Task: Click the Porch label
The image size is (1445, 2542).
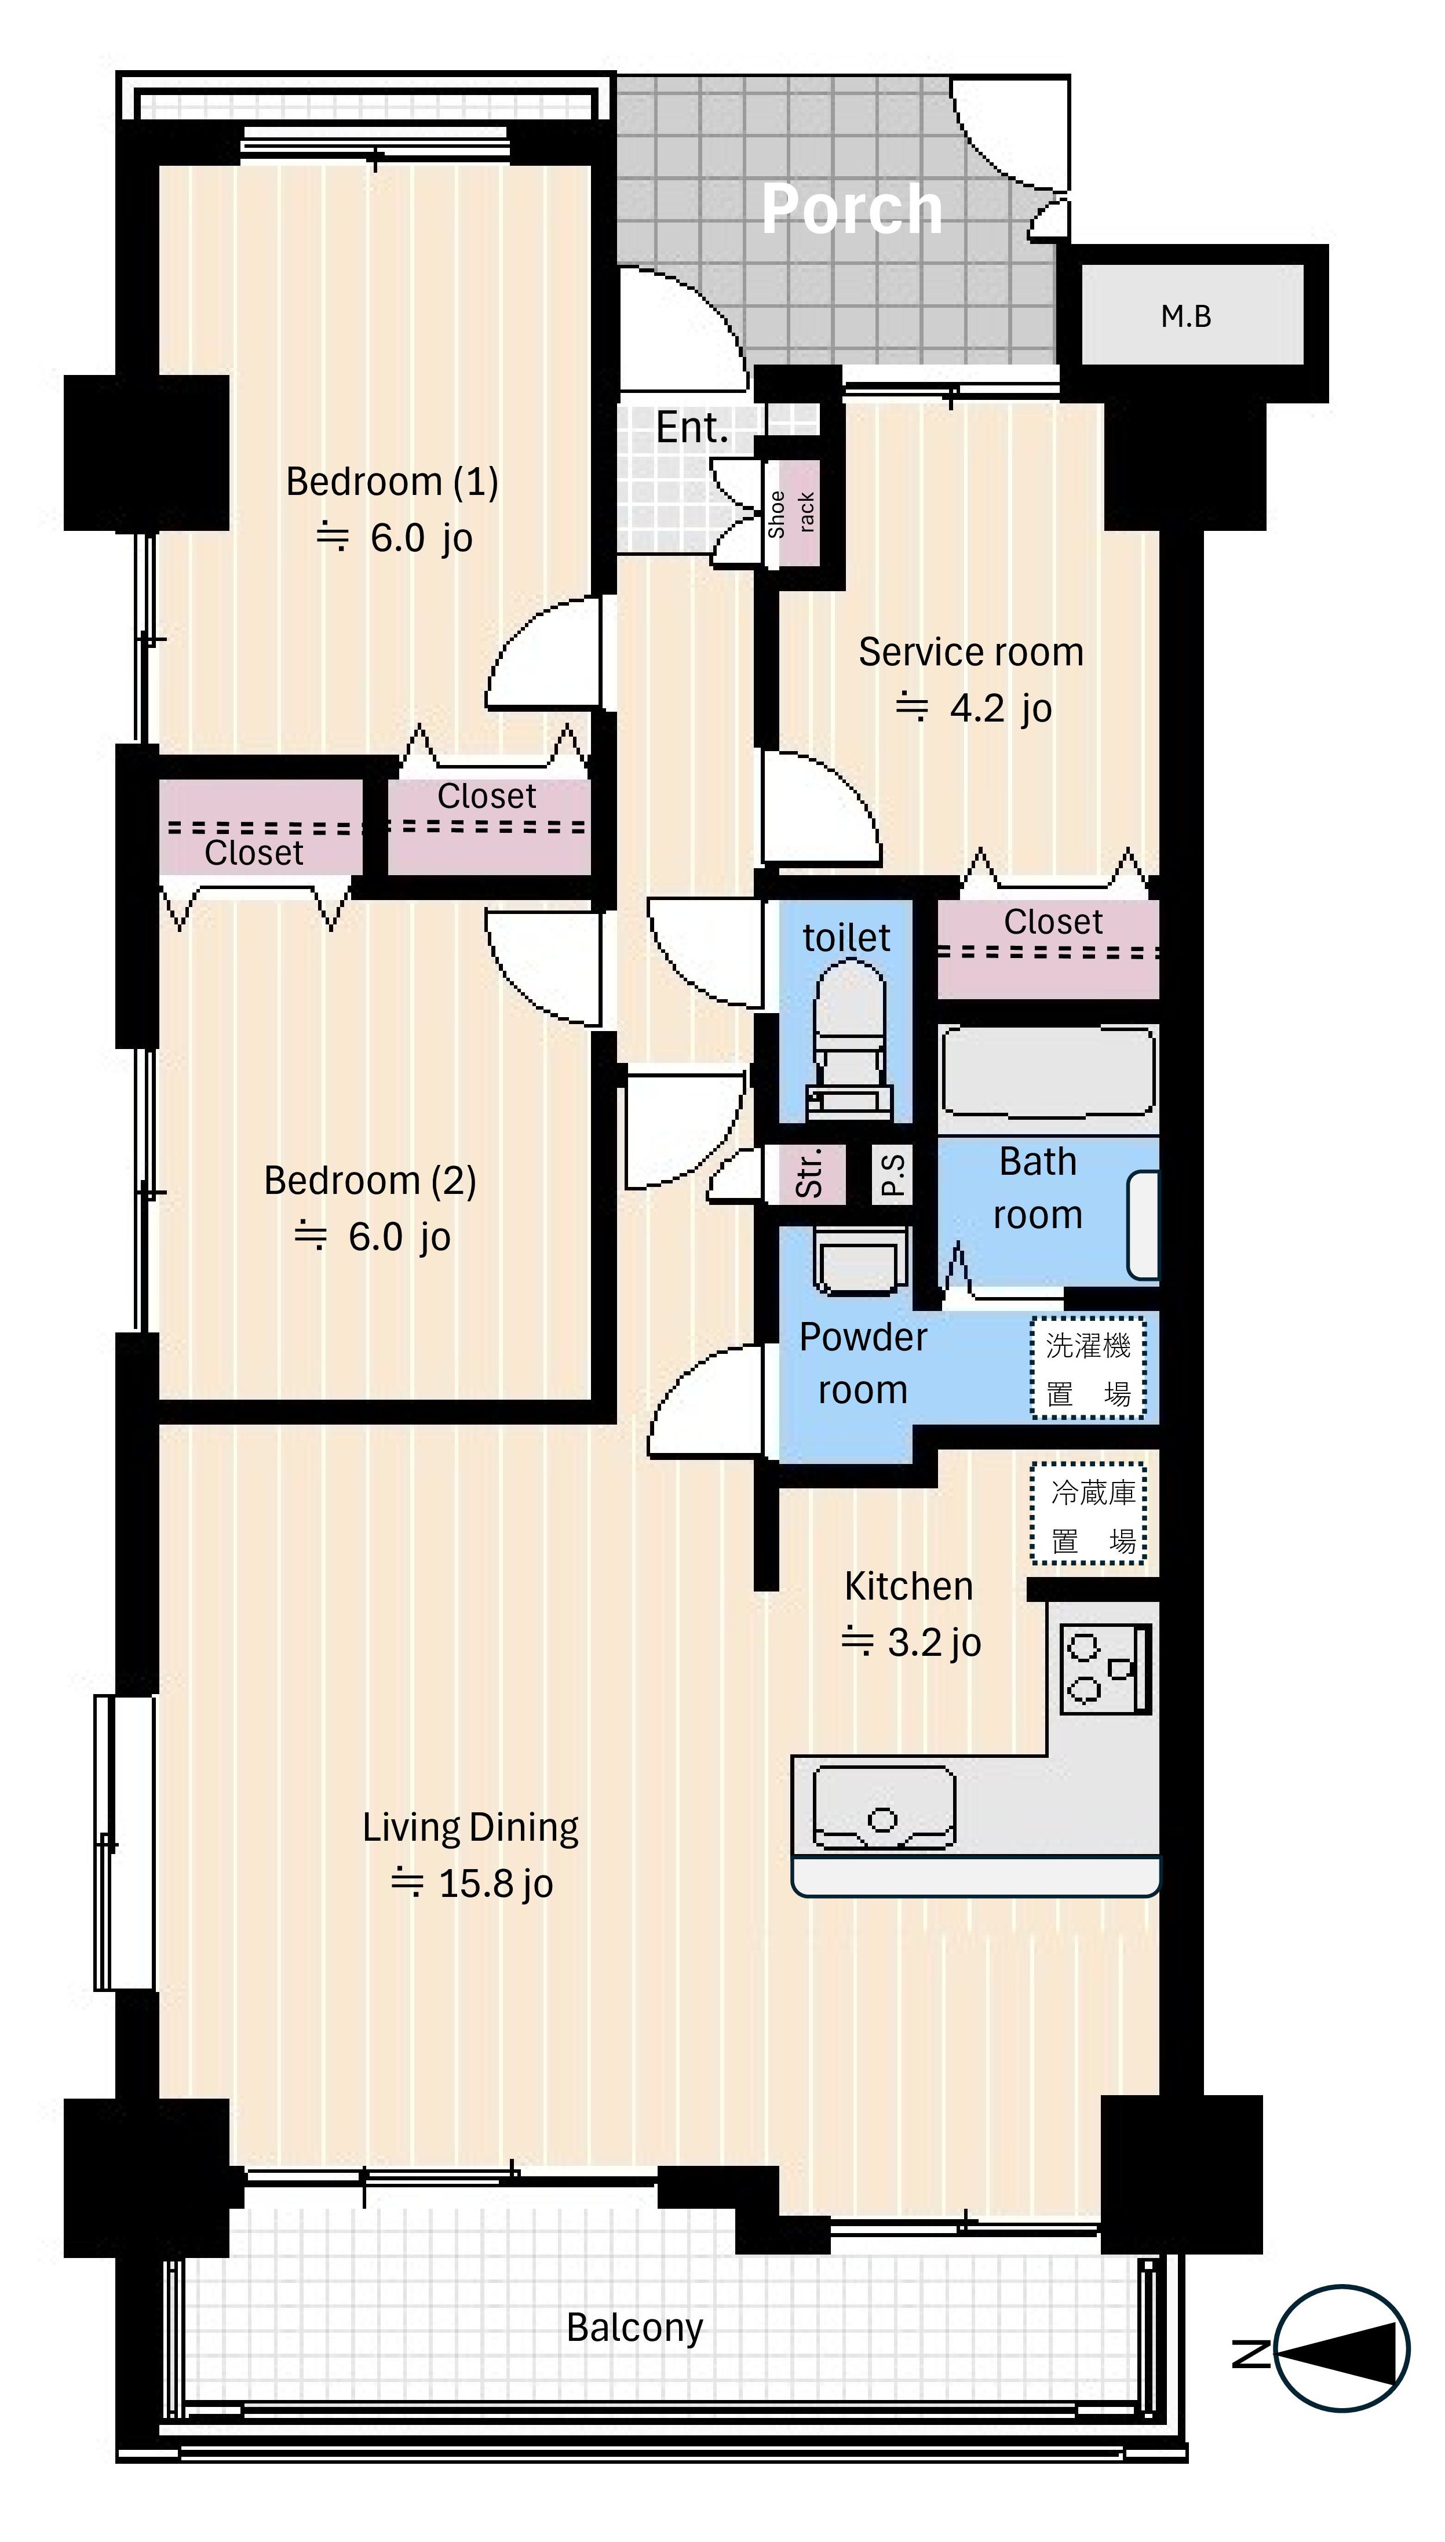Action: point(852,209)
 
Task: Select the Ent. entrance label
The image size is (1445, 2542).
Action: point(692,428)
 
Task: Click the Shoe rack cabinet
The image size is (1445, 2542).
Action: point(792,513)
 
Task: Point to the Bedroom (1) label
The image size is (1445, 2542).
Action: point(392,482)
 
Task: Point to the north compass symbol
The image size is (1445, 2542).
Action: point(1342,2350)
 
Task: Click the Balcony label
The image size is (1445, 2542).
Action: point(635,2328)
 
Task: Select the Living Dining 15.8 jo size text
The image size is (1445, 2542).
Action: point(472,1883)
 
